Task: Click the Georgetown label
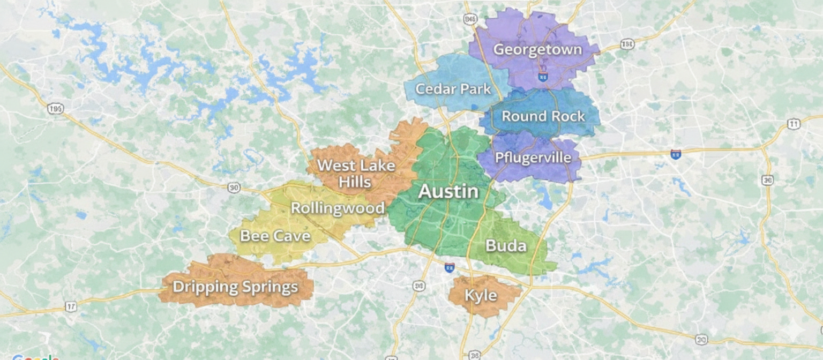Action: [x=537, y=50]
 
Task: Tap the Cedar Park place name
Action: [x=453, y=89]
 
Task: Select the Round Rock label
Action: [x=543, y=116]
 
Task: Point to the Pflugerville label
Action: [x=529, y=157]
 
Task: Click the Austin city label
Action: [x=448, y=191]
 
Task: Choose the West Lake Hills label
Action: [x=355, y=173]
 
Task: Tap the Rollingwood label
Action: [x=338, y=208]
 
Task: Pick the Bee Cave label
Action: [x=275, y=236]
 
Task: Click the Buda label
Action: [x=505, y=246]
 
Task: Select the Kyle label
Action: [x=481, y=295]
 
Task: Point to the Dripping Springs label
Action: [x=235, y=287]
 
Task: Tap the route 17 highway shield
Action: [x=71, y=306]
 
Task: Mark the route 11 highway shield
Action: [x=794, y=124]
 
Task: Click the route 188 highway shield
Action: [x=627, y=44]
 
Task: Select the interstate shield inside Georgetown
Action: [x=543, y=77]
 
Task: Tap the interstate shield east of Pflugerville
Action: [x=676, y=154]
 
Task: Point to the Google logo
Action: [x=35, y=357]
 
